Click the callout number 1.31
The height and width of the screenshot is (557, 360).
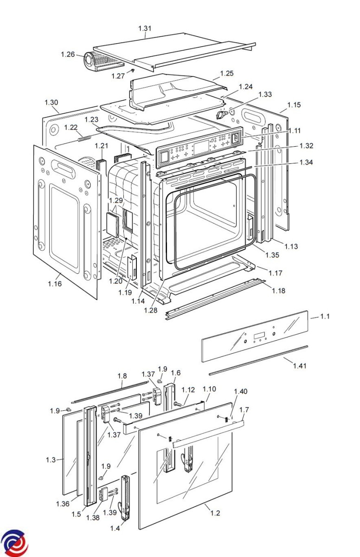[x=145, y=28]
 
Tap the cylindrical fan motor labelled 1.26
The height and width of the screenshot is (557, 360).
[x=90, y=61]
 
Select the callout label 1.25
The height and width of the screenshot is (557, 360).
[x=226, y=73]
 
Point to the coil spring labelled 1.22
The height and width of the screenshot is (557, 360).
[x=84, y=138]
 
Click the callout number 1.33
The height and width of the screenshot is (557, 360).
[x=265, y=95]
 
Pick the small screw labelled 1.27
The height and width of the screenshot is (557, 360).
[x=133, y=71]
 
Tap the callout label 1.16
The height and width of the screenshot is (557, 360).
[x=55, y=284]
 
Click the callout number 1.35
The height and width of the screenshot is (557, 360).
[x=272, y=255]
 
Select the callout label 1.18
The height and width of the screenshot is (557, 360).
[x=278, y=291]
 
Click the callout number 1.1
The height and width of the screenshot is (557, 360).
[x=325, y=317]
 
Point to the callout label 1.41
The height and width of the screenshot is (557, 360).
[x=300, y=366]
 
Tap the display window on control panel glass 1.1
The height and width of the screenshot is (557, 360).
[x=258, y=336]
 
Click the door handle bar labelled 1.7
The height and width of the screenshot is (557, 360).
[x=208, y=434]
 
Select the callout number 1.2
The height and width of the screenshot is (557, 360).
[x=215, y=513]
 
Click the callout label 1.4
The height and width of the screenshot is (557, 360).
[x=115, y=528]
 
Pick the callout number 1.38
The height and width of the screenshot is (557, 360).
[x=93, y=518]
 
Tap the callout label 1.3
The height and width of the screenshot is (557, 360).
[x=51, y=460]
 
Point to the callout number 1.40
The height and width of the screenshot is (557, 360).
[x=240, y=391]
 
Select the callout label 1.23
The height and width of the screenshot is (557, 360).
[x=91, y=120]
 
